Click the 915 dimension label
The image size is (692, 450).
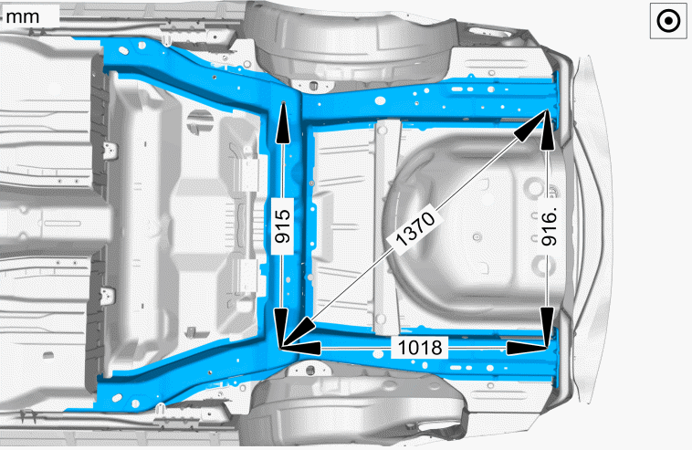click(282, 226)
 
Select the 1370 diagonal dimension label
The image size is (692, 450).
click(415, 228)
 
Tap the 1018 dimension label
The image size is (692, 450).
click(420, 348)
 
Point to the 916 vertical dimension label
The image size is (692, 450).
click(550, 227)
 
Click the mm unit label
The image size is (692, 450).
click(23, 16)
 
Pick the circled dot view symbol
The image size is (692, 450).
click(668, 21)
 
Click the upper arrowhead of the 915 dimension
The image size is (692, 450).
click(283, 122)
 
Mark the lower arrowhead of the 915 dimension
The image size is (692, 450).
click(280, 329)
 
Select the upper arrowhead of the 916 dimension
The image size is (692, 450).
click(547, 131)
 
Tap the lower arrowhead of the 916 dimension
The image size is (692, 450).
click(547, 327)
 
